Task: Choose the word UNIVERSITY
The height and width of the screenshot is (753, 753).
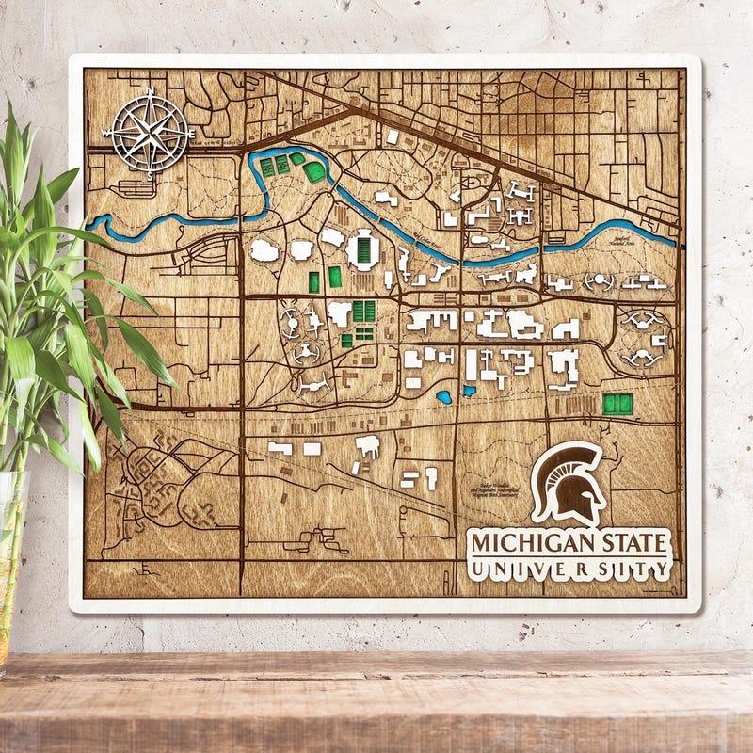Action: (570, 569)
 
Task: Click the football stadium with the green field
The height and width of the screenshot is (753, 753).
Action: (362, 250)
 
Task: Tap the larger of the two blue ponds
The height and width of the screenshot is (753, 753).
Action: (444, 397)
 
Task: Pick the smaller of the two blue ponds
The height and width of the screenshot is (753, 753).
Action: (469, 390)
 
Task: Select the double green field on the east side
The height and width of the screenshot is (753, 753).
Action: (618, 404)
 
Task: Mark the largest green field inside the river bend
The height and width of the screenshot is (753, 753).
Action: (313, 172)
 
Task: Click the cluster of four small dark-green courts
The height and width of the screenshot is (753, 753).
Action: (363, 312)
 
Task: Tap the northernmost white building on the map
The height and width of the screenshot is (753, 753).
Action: (393, 137)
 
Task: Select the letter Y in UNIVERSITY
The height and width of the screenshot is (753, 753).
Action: (661, 569)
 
